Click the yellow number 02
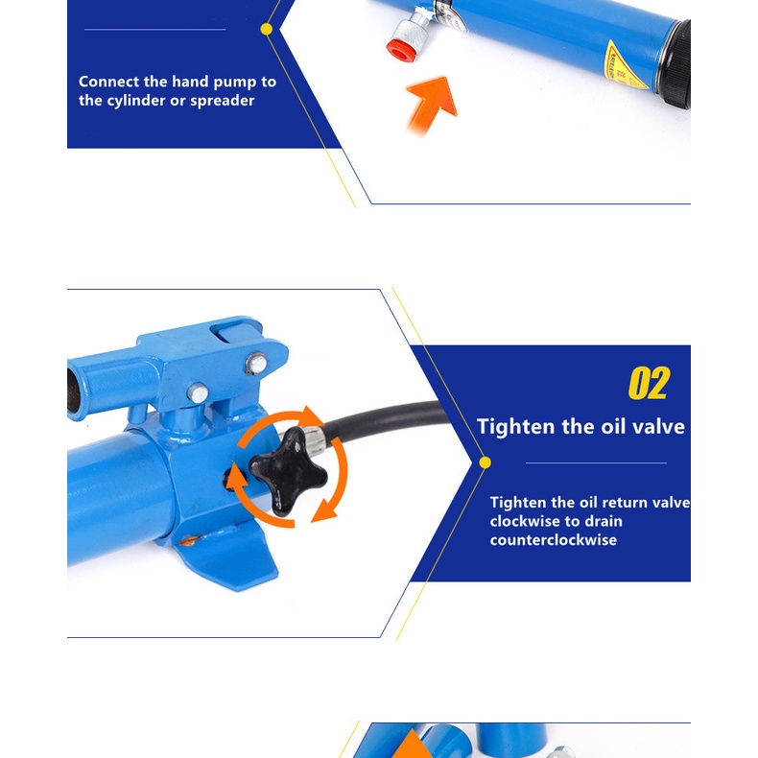[x=649, y=383]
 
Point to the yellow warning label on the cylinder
[x=625, y=66]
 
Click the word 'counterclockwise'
[x=553, y=539]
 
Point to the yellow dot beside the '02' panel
[x=485, y=462]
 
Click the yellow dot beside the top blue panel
[x=267, y=29]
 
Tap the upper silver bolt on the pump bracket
[x=256, y=364]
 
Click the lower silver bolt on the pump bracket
[x=198, y=392]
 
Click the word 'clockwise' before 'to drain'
[x=525, y=521]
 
